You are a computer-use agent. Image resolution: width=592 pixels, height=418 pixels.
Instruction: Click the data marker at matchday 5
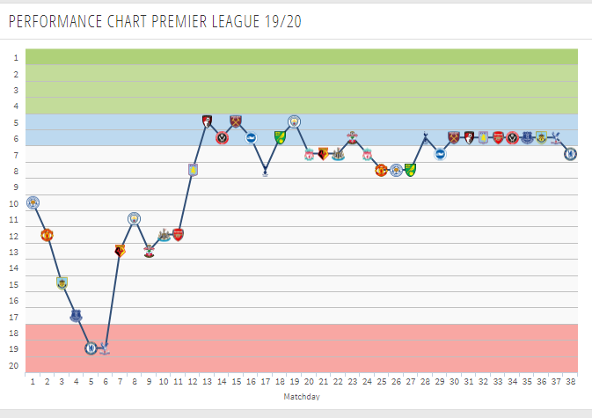pos(91,348)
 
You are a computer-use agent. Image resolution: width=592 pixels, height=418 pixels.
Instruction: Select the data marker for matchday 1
pos(33,202)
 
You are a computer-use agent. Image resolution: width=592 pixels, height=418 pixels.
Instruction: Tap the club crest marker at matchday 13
pos(207,121)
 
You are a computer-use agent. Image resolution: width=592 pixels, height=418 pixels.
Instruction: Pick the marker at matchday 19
pos(294,121)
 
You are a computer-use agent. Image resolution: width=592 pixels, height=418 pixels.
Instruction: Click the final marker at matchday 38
pos(570,154)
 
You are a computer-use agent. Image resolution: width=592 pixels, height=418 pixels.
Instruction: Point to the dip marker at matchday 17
pos(265,172)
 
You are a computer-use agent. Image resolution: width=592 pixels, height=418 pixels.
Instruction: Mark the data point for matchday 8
pos(135,218)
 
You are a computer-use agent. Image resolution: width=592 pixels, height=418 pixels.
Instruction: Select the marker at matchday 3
pos(62,282)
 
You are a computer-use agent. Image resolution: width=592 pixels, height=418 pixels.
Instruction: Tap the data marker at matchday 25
pos(381,170)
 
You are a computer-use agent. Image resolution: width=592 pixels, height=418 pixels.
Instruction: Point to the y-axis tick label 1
pos(15,57)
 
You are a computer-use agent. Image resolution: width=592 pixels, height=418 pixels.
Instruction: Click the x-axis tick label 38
pos(570,383)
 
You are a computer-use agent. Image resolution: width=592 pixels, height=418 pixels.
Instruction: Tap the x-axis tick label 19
pos(294,383)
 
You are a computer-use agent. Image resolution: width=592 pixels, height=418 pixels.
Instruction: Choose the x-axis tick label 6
pos(105,383)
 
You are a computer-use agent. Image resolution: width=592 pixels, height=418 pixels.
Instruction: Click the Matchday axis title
pos(302,397)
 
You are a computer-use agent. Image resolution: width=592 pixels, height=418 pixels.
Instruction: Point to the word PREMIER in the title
pos(184,21)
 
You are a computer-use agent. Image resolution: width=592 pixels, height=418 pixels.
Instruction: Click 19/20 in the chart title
pos(281,21)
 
